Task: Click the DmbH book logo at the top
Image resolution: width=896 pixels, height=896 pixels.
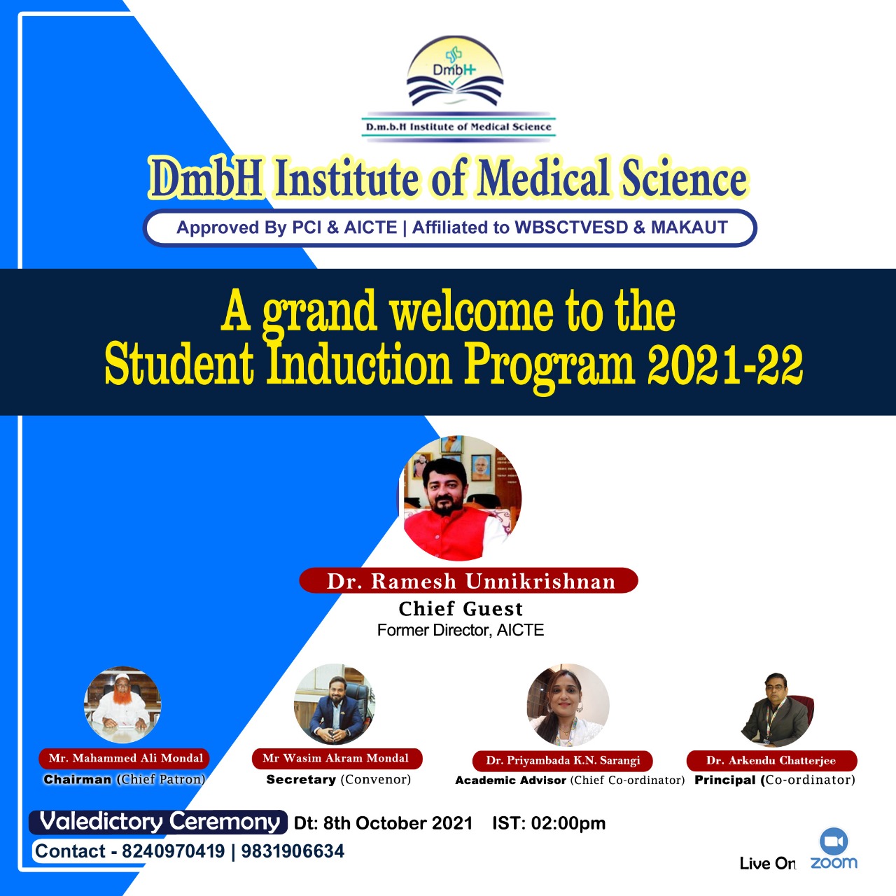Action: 455,72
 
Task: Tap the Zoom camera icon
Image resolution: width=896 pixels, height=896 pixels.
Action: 834,841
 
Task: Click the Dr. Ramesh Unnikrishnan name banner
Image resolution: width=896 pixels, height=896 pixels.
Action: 469,581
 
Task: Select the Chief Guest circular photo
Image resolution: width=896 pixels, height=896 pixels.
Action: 460,498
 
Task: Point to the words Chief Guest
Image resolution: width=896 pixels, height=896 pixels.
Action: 461,608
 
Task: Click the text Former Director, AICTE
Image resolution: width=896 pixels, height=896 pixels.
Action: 461,630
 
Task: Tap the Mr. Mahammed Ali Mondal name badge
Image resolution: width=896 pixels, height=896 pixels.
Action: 124,758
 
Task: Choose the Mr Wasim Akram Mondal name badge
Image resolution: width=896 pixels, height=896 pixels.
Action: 337,758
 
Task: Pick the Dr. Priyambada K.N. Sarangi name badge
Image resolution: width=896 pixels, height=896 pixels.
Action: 563,761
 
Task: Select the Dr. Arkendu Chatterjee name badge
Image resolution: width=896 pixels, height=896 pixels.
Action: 771,761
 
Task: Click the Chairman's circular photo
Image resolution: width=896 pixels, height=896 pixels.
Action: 122,703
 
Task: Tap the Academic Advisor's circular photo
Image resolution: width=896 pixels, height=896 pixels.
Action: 568,705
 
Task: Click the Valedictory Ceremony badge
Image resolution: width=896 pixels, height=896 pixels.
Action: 158,822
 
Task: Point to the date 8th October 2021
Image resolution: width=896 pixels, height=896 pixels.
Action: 398,823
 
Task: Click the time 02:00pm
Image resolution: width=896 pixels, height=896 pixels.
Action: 568,823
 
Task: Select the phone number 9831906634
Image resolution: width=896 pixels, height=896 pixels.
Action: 293,851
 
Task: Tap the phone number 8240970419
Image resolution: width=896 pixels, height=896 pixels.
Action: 174,851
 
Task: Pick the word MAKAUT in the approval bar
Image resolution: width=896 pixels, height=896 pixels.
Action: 689,227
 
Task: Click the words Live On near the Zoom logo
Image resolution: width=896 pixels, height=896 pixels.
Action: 768,864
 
